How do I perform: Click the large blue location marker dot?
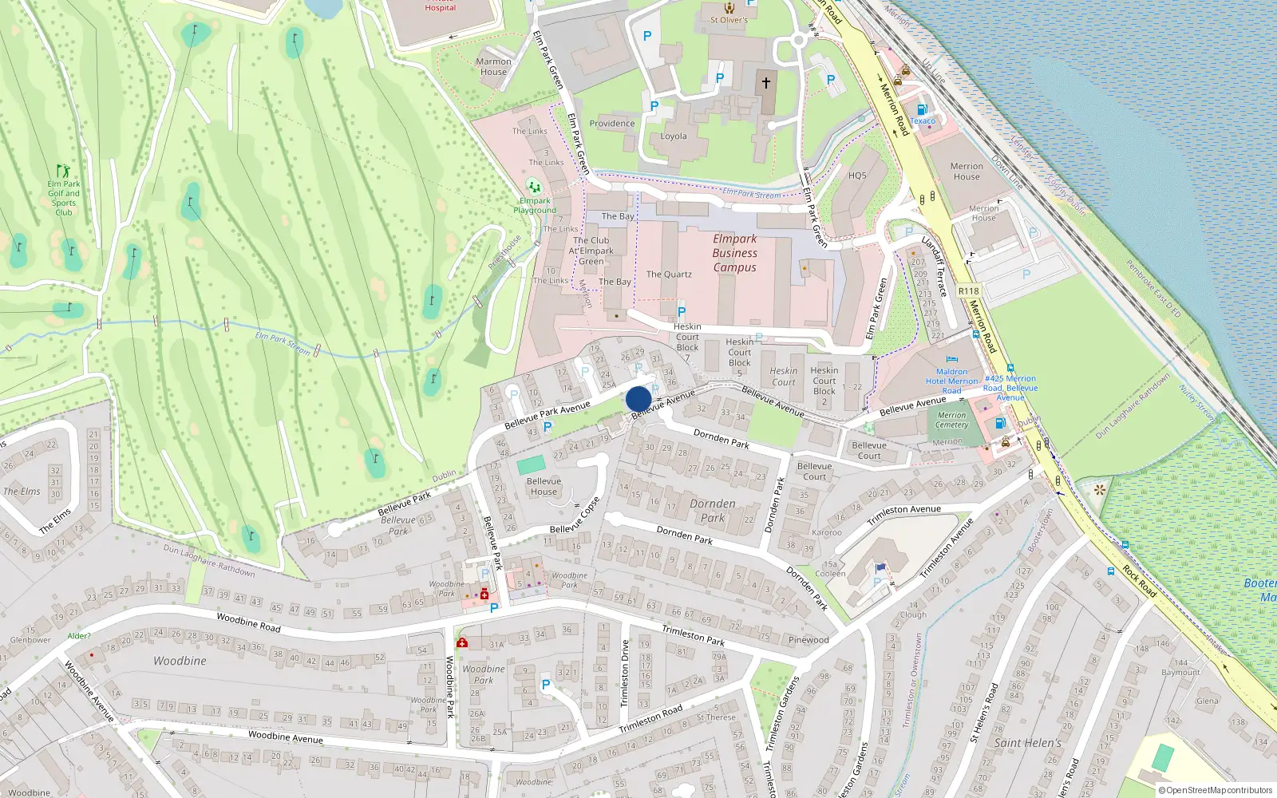638,399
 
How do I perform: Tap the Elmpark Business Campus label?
734,253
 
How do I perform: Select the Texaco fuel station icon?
922,109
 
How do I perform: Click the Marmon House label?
493,66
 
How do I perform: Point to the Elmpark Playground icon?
534,187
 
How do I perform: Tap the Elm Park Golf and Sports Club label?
64,198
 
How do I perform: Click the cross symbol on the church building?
766,82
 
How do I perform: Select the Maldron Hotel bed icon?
951,360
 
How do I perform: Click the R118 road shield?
968,291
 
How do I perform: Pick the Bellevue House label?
544,486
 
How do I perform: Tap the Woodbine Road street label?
248,622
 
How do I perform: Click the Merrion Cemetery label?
951,420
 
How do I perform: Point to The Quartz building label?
669,274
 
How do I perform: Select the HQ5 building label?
857,176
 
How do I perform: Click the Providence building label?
612,123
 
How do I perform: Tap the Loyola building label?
673,136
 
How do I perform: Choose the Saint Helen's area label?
1027,742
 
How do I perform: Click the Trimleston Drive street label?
625,673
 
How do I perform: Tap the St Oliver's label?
729,20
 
